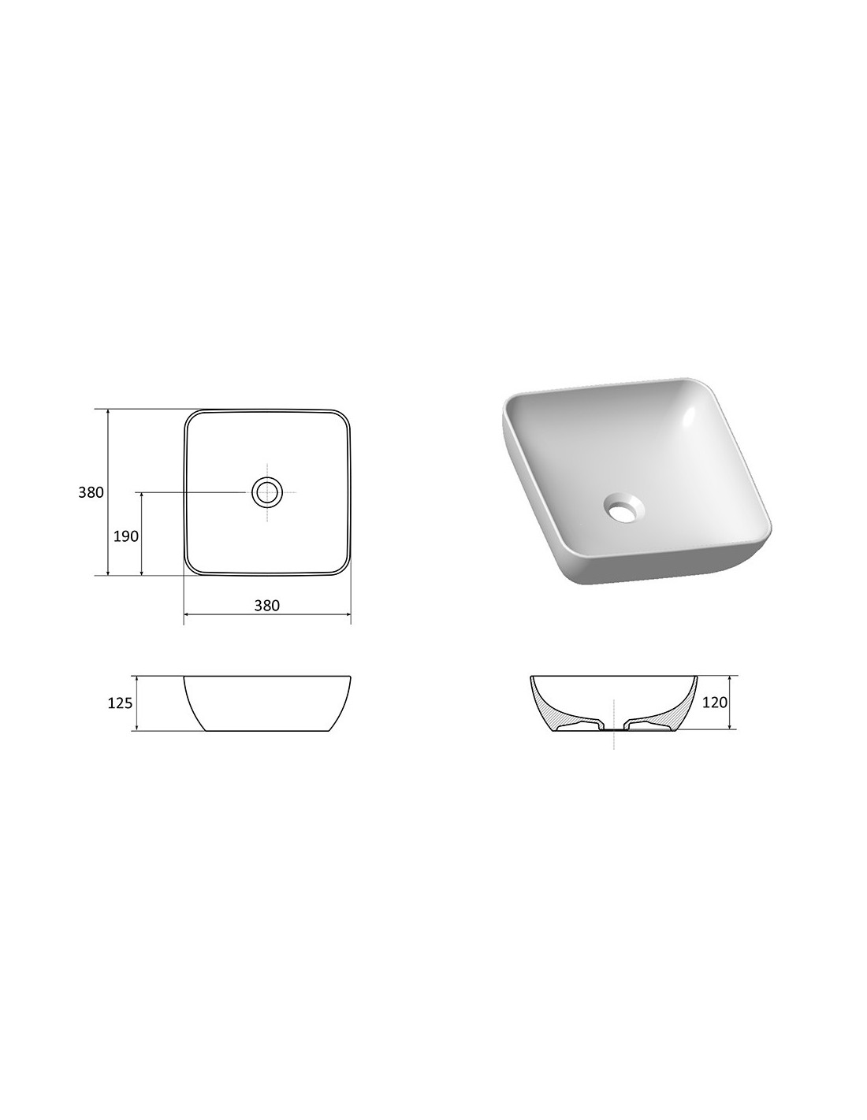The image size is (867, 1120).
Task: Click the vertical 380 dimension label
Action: [91, 492]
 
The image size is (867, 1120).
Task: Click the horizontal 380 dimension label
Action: [267, 605]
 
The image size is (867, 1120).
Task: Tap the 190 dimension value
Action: [126, 536]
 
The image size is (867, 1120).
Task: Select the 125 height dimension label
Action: [120, 703]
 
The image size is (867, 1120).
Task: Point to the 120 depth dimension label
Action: [714, 702]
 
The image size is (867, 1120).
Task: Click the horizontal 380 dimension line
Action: [267, 614]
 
